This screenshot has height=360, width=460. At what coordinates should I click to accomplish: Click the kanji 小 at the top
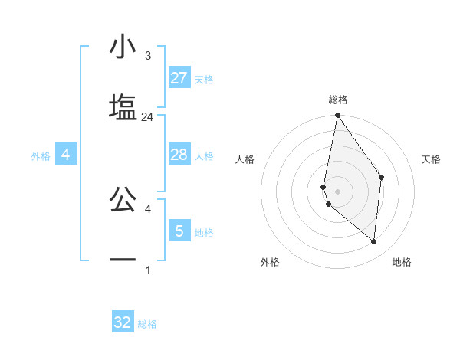tap(123, 47)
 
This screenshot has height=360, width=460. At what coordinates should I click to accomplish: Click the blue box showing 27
tap(179, 77)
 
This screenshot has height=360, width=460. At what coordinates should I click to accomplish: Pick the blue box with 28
tap(179, 155)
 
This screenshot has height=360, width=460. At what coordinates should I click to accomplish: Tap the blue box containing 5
tap(179, 231)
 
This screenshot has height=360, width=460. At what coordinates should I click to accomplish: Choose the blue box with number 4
tap(66, 155)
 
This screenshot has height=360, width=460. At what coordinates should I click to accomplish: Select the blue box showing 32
tap(123, 322)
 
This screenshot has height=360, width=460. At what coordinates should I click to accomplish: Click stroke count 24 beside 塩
tap(148, 117)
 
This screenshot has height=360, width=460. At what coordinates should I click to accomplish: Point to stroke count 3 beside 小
tap(148, 56)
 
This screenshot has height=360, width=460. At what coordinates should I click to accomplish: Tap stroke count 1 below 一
tap(148, 270)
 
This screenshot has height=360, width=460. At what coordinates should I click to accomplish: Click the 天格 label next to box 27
tap(204, 79)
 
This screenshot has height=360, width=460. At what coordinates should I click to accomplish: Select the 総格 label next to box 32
tap(147, 324)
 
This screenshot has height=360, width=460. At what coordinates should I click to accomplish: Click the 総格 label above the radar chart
tap(338, 100)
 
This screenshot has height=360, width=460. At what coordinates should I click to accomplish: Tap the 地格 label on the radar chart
tap(402, 263)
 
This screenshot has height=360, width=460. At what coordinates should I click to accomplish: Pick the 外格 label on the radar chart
tap(270, 263)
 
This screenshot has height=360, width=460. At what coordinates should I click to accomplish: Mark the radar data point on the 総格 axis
tap(337, 116)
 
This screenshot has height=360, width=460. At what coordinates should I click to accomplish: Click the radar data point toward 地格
tap(373, 241)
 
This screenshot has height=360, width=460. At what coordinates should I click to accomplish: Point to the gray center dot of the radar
tap(337, 190)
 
